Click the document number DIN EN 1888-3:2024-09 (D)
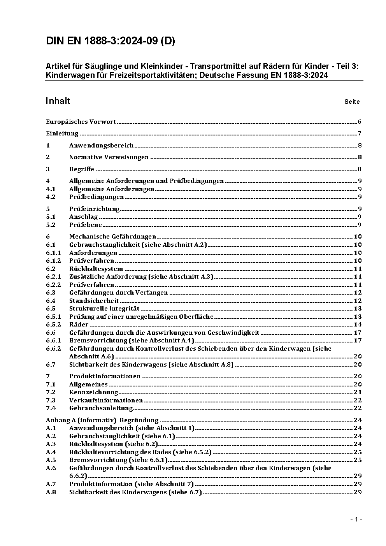(110, 41)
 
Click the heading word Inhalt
(58, 101)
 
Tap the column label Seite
(352, 102)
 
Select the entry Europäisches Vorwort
(81, 122)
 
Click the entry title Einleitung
(62, 133)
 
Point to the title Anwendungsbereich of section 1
(101, 146)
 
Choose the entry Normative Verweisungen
(109, 157)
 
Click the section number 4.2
(51, 197)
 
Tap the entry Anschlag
(84, 217)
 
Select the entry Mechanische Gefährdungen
(112, 237)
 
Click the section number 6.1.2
(53, 261)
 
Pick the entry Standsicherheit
(94, 301)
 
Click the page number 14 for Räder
(358, 325)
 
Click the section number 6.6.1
(53, 341)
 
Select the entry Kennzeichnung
(93, 392)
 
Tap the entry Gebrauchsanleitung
(101, 408)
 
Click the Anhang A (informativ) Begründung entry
(102, 420)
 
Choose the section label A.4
(51, 452)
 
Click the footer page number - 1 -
(356, 519)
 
